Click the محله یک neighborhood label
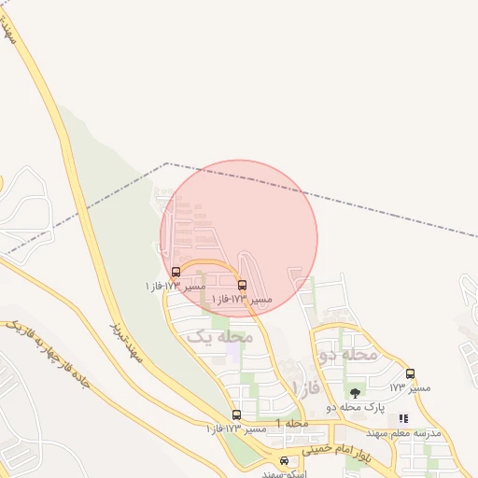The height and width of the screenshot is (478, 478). tap(220, 336)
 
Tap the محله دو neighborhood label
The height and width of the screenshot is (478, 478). tap(348, 355)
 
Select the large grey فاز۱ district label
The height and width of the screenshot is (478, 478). tap(305, 387)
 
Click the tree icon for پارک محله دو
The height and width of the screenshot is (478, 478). tap(355, 393)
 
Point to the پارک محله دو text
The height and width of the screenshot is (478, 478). tap(355, 407)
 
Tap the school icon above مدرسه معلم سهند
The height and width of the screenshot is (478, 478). tap(403, 419)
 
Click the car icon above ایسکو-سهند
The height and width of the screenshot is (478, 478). tap(285, 460)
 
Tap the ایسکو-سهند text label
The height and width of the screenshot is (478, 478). tap(285, 473)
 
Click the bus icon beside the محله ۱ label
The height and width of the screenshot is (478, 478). tap(236, 415)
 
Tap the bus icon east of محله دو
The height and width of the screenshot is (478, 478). tap(410, 373)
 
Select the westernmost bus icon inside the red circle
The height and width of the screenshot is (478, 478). tap(176, 272)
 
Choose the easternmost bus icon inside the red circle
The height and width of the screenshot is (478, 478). tap(243, 285)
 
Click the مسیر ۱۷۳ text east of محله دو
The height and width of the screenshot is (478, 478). tap(410, 387)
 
